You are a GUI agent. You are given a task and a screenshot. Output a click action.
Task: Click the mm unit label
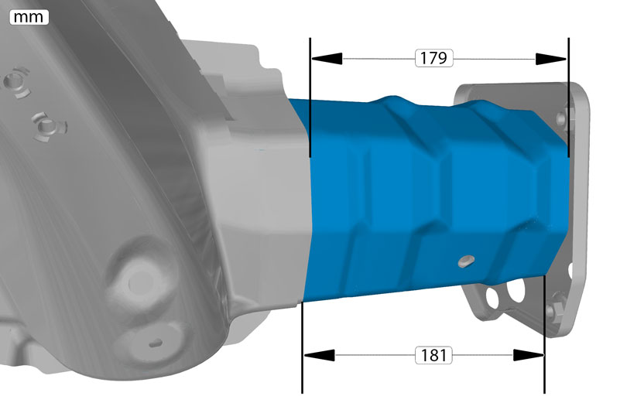tap(29, 17)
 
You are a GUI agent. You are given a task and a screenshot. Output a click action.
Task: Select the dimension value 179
tap(433, 58)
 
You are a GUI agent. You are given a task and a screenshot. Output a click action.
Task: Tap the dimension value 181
tap(433, 355)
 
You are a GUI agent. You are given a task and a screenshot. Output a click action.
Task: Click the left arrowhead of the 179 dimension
tap(327, 59)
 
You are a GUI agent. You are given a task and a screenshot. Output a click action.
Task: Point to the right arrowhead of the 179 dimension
tap(551, 60)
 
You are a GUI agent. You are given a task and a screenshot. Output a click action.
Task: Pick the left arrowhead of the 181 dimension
tap(320, 355)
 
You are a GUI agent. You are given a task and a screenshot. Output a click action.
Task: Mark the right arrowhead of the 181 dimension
tap(529, 355)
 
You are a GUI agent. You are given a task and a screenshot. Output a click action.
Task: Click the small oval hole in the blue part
tap(466, 261)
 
